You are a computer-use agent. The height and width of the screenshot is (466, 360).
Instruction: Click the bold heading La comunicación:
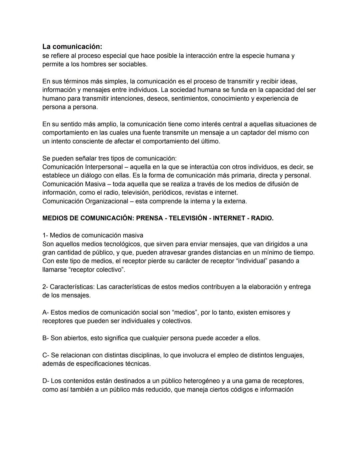(x=72, y=47)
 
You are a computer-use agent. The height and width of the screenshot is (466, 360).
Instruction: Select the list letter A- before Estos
(x=46, y=313)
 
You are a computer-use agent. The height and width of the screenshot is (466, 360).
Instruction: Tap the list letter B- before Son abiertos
(x=46, y=338)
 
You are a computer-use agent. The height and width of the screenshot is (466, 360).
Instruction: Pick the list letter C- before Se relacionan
(x=46, y=356)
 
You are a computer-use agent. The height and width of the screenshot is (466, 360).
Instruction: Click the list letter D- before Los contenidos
(x=46, y=381)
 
